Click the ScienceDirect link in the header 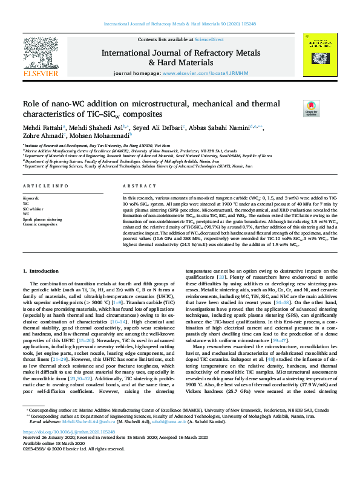[209, 22]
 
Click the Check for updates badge [311, 108]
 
